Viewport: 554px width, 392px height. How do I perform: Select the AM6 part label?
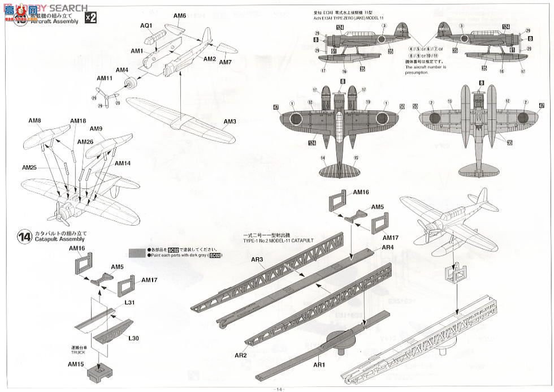pos(179,16)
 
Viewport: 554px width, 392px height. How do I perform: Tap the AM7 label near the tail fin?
pos(226,62)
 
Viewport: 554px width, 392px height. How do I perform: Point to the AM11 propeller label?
pos(105,78)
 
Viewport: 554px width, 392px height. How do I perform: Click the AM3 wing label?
pos(230,121)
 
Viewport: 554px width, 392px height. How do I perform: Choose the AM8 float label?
pos(35,120)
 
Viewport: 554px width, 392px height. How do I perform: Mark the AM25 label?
pos(29,168)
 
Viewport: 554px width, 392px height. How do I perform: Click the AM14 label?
pos(123,163)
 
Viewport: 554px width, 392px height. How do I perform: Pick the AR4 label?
pos(388,247)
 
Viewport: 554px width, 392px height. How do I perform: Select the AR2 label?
pos(241,355)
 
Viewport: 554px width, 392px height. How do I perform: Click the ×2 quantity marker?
pos(90,17)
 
